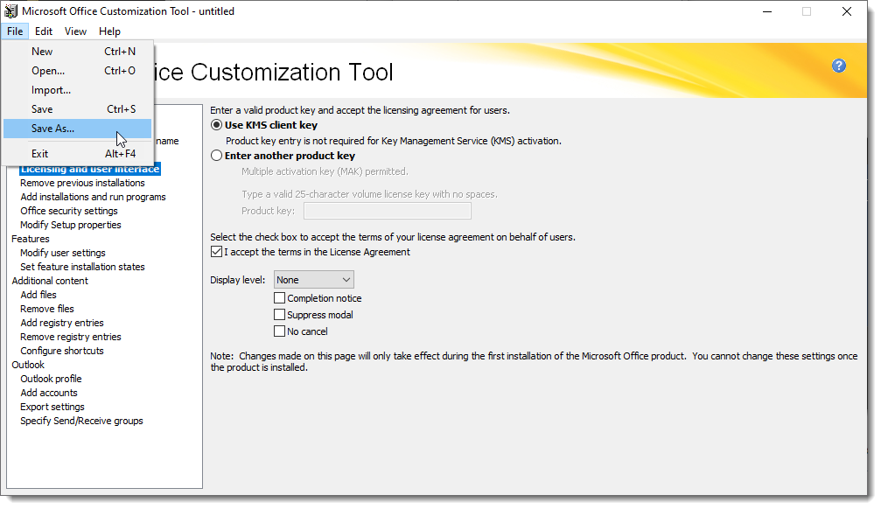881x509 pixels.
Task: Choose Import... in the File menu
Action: coord(51,90)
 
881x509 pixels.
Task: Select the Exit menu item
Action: coord(40,153)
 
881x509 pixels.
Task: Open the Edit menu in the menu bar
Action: coord(43,31)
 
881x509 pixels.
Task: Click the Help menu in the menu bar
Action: coord(109,31)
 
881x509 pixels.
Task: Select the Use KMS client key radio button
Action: coord(216,125)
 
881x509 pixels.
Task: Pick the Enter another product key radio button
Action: coord(216,156)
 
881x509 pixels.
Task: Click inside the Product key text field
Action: coord(387,211)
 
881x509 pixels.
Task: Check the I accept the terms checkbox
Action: coord(216,252)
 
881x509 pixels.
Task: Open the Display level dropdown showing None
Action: coord(313,280)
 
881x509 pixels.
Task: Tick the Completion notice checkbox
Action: coord(279,297)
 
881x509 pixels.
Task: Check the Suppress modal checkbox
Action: coord(279,315)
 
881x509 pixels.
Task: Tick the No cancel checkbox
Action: coord(279,331)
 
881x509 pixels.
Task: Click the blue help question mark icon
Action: coord(839,66)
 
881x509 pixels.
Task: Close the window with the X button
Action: coord(847,11)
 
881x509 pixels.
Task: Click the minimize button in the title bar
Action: coord(767,11)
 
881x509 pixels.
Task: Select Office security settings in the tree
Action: coord(69,211)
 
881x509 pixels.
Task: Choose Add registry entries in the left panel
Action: coord(62,323)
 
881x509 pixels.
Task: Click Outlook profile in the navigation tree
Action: coord(51,379)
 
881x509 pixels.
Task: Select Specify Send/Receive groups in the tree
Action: coord(81,421)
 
